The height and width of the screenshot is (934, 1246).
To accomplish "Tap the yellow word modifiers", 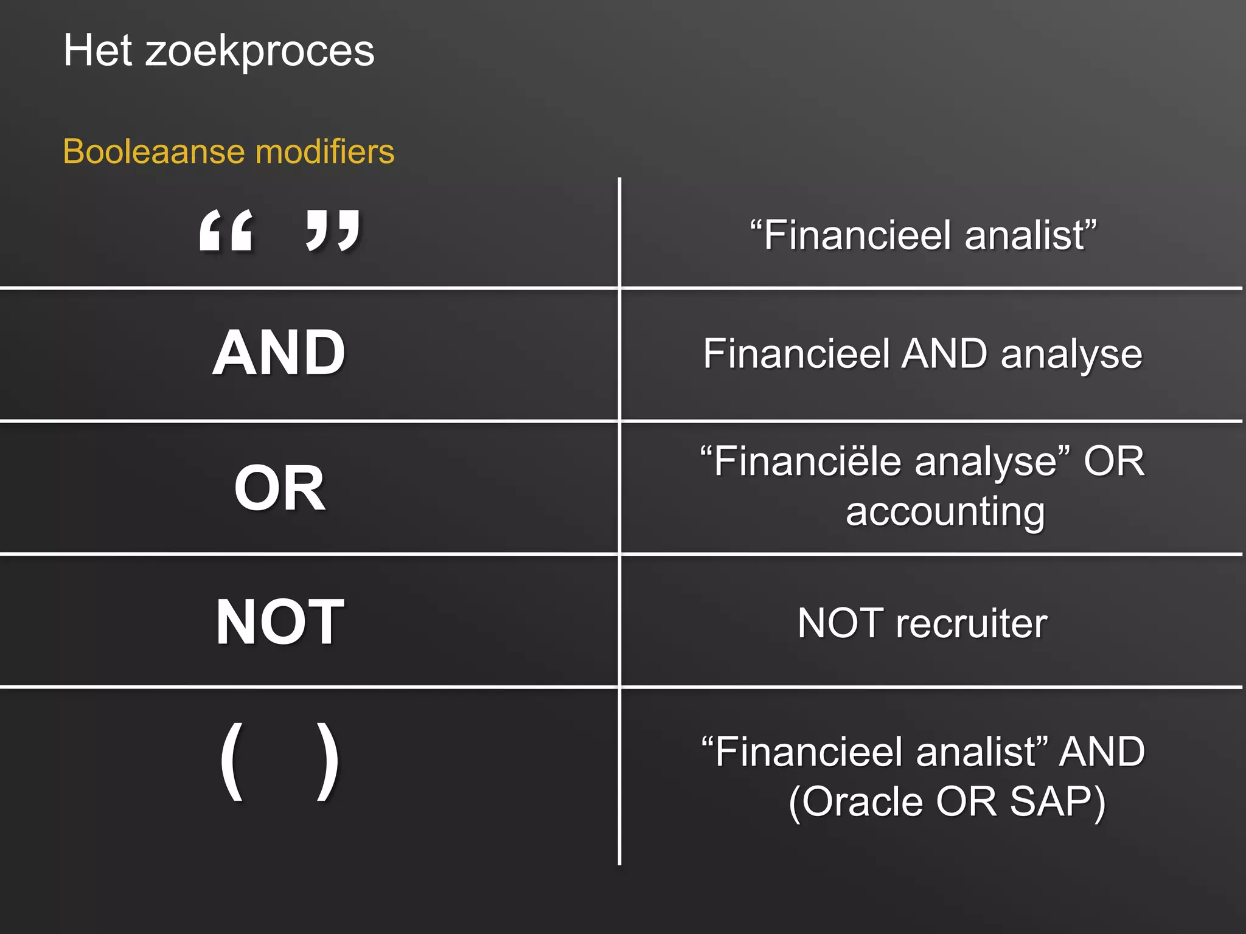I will click(325, 151).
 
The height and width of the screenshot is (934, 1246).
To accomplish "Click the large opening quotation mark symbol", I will click(226, 230).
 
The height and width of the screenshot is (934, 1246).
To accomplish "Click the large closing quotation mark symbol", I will click(333, 230).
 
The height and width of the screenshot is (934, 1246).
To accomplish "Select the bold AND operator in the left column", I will click(279, 353).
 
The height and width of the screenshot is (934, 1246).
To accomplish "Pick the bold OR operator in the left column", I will click(280, 488).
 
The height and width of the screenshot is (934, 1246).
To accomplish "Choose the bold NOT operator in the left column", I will click(280, 621).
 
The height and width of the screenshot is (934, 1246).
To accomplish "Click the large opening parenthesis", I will click(232, 761).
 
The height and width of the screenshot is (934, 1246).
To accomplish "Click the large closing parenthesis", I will click(328, 761).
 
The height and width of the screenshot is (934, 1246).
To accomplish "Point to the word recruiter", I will click(972, 623).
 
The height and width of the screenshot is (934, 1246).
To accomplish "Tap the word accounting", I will click(945, 512).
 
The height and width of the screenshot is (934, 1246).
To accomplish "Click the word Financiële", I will click(808, 462).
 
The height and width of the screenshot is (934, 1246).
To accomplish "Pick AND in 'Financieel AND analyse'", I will click(945, 354).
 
